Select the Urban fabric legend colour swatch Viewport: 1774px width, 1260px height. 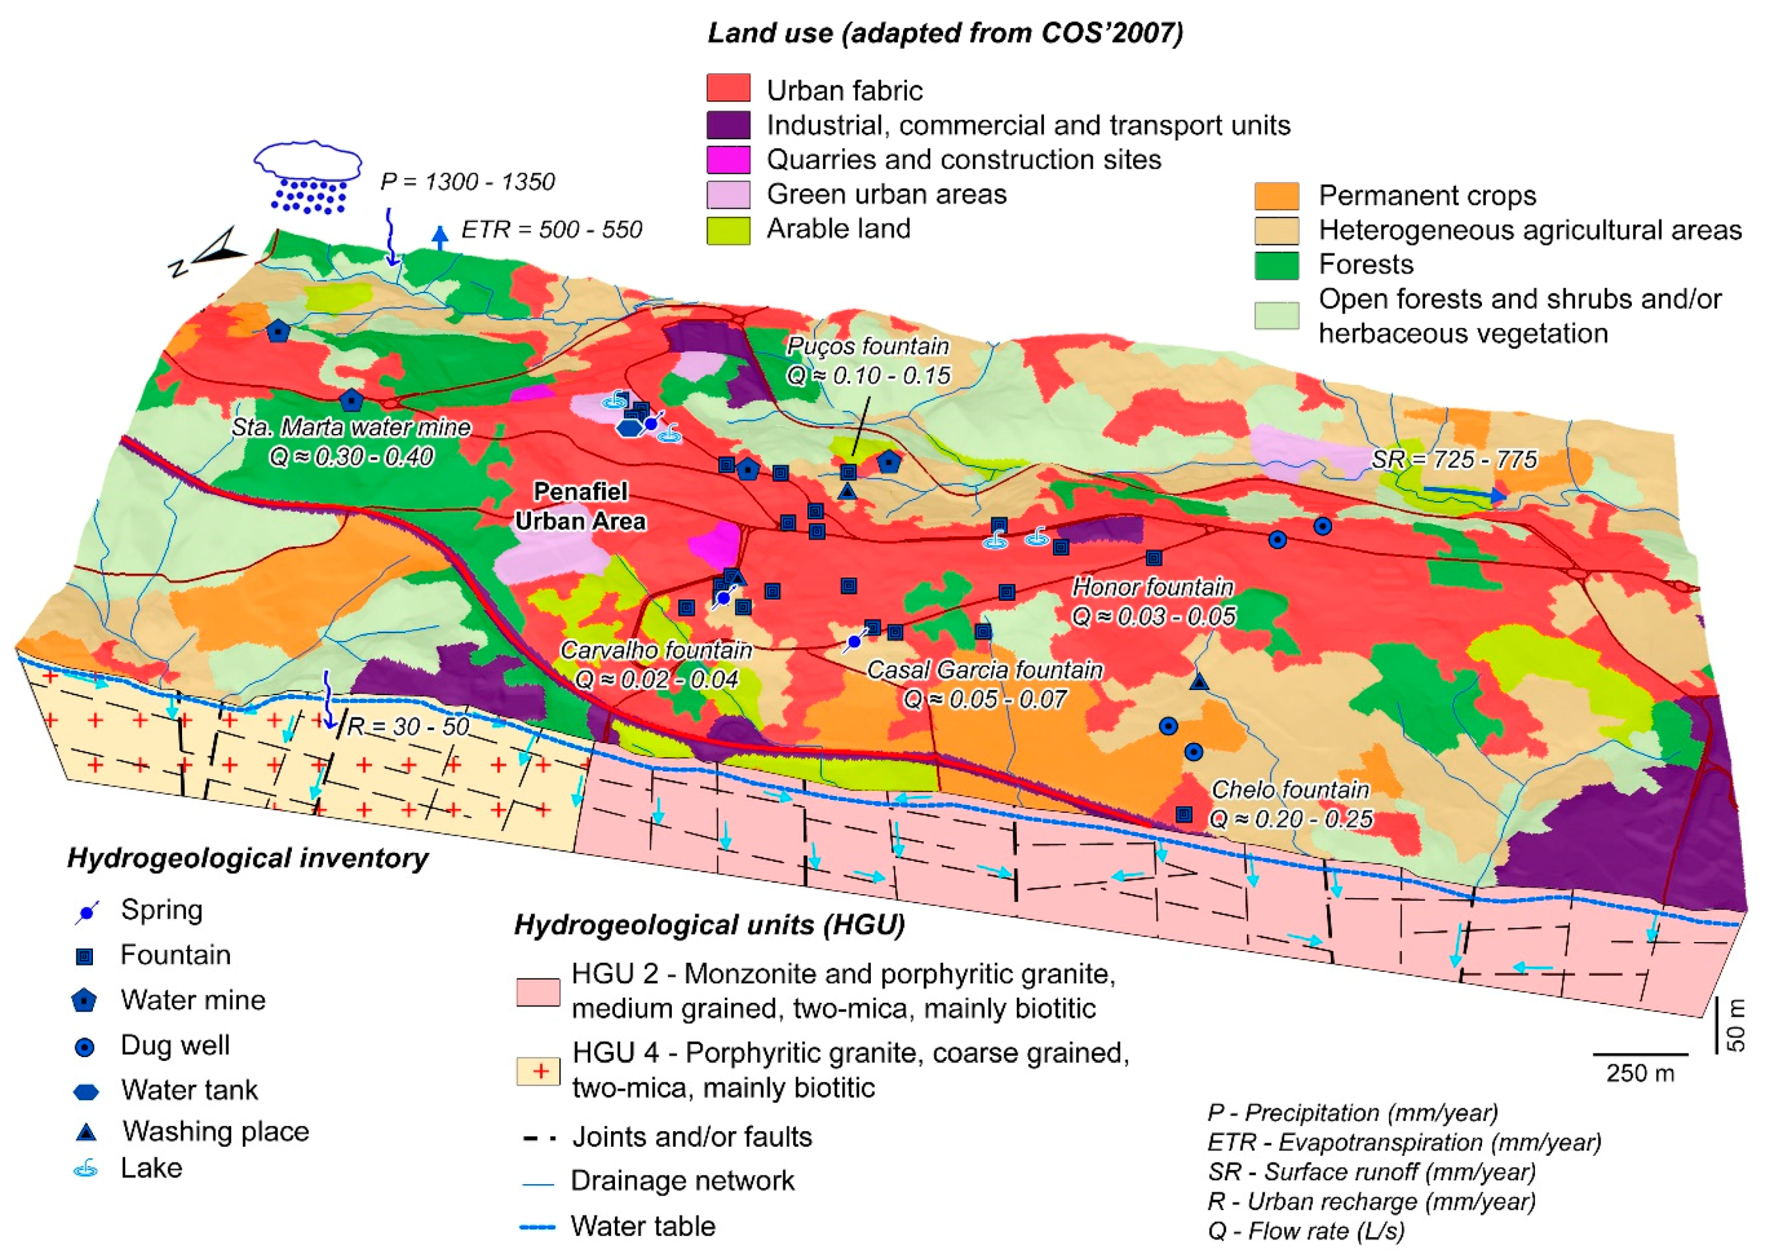pyautogui.click(x=728, y=88)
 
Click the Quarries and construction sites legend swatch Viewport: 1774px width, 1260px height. pyautogui.click(x=728, y=159)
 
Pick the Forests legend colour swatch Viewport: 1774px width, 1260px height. pyautogui.click(x=1277, y=265)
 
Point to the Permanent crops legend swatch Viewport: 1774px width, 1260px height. pyautogui.click(x=1277, y=195)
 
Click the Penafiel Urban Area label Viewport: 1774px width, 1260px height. pyautogui.click(x=580, y=506)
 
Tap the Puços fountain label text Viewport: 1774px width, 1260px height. pyautogui.click(x=868, y=346)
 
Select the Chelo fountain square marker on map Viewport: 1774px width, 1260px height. pyautogui.click(x=1184, y=814)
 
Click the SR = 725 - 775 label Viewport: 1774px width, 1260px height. pyautogui.click(x=1454, y=459)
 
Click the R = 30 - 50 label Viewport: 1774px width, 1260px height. pyautogui.click(x=408, y=726)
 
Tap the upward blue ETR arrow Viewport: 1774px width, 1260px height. pyautogui.click(x=440, y=236)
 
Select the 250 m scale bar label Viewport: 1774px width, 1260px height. pyautogui.click(x=1640, y=1074)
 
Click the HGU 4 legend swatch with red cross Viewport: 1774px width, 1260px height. pyautogui.click(x=538, y=1070)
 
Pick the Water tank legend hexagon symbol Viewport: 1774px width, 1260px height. pyautogui.click(x=85, y=1092)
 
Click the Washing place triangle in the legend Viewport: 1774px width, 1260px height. pyautogui.click(x=85, y=1133)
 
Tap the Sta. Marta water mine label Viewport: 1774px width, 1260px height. pyautogui.click(x=351, y=428)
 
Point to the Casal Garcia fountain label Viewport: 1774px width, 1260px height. pyautogui.click(x=984, y=670)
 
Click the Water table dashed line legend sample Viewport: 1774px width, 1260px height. pyautogui.click(x=537, y=1227)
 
